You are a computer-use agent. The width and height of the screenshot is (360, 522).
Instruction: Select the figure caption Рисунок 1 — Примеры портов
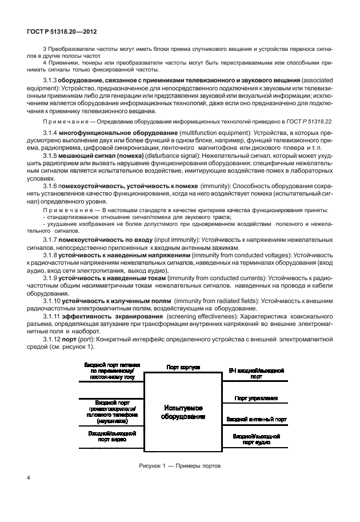(x=179, y=466)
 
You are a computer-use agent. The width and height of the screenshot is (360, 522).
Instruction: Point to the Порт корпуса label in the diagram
(x=183, y=368)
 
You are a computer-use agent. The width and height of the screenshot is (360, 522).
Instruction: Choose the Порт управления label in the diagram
(x=256, y=397)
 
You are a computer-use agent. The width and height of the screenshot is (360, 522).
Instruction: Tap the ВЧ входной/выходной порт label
(x=257, y=374)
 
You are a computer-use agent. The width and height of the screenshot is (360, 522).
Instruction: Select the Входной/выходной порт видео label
(x=110, y=437)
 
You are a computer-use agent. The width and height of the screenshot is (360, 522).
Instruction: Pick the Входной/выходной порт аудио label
(x=256, y=439)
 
